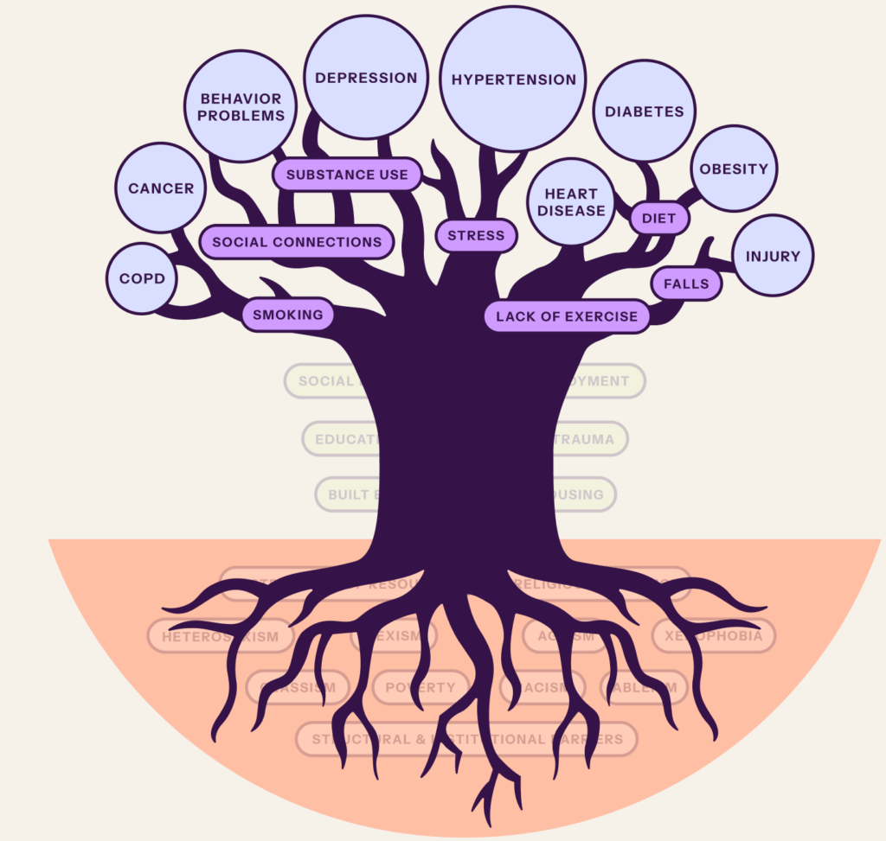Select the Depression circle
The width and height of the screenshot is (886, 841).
(x=366, y=78)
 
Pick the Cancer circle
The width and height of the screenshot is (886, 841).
(x=161, y=188)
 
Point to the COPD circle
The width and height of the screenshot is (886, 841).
(x=142, y=279)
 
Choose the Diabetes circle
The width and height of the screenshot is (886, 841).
(x=645, y=111)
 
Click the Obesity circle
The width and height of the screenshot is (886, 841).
(x=734, y=169)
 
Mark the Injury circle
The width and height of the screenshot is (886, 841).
(x=773, y=256)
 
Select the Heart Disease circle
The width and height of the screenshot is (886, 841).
(x=571, y=202)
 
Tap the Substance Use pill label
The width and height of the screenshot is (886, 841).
(x=347, y=175)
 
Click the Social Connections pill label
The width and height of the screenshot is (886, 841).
(x=297, y=242)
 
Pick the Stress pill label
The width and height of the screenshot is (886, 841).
(x=476, y=235)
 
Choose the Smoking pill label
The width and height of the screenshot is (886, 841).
(x=287, y=315)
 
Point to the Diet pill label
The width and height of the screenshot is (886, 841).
(x=658, y=219)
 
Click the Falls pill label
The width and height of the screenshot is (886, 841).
(x=686, y=284)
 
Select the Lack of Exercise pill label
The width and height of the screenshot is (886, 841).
(x=567, y=317)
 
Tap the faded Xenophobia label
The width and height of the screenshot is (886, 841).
(x=714, y=636)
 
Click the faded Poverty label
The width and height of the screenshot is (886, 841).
(x=421, y=688)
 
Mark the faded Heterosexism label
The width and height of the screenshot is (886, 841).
(x=220, y=637)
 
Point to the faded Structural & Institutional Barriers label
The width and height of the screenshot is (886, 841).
(x=467, y=740)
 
